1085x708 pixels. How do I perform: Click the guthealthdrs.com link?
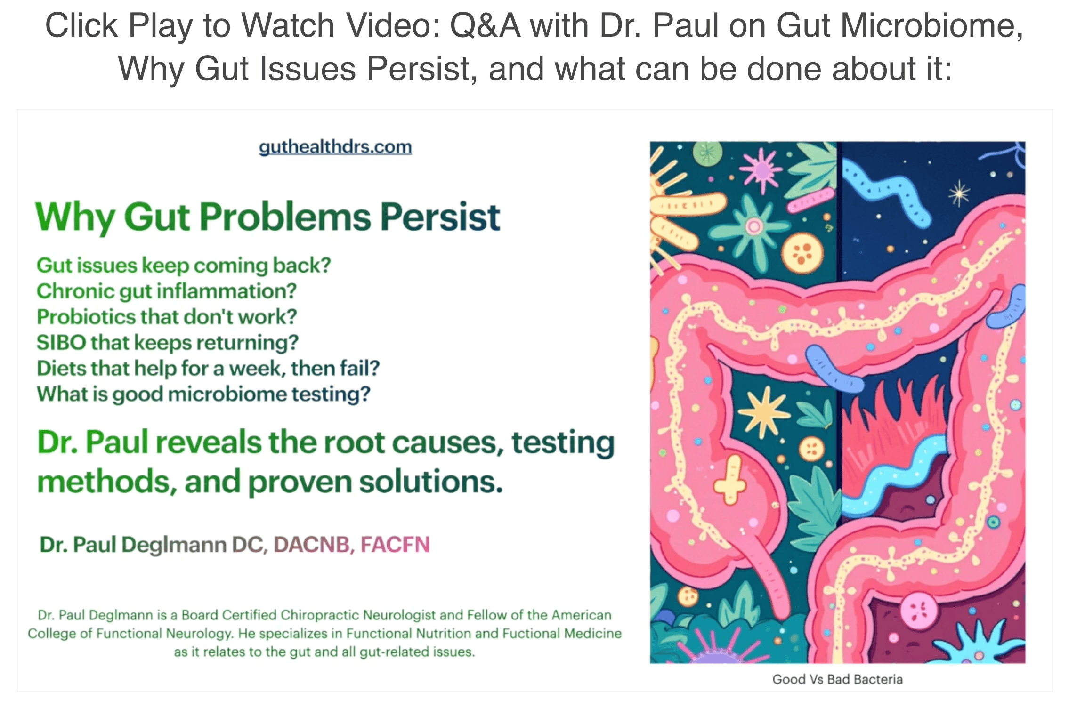[x=335, y=147]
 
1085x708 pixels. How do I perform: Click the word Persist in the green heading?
[x=440, y=217]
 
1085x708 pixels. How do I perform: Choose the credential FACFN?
[x=395, y=545]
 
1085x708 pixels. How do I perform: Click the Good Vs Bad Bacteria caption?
[x=837, y=679]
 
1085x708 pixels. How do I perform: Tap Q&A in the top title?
[x=485, y=25]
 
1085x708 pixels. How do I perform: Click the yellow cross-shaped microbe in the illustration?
[x=729, y=480]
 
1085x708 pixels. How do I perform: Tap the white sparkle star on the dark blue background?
[x=959, y=193]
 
